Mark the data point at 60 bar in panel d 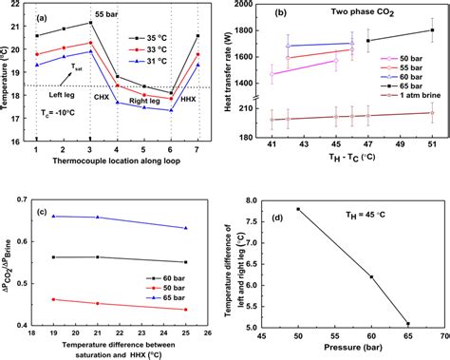tap(371, 277)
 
